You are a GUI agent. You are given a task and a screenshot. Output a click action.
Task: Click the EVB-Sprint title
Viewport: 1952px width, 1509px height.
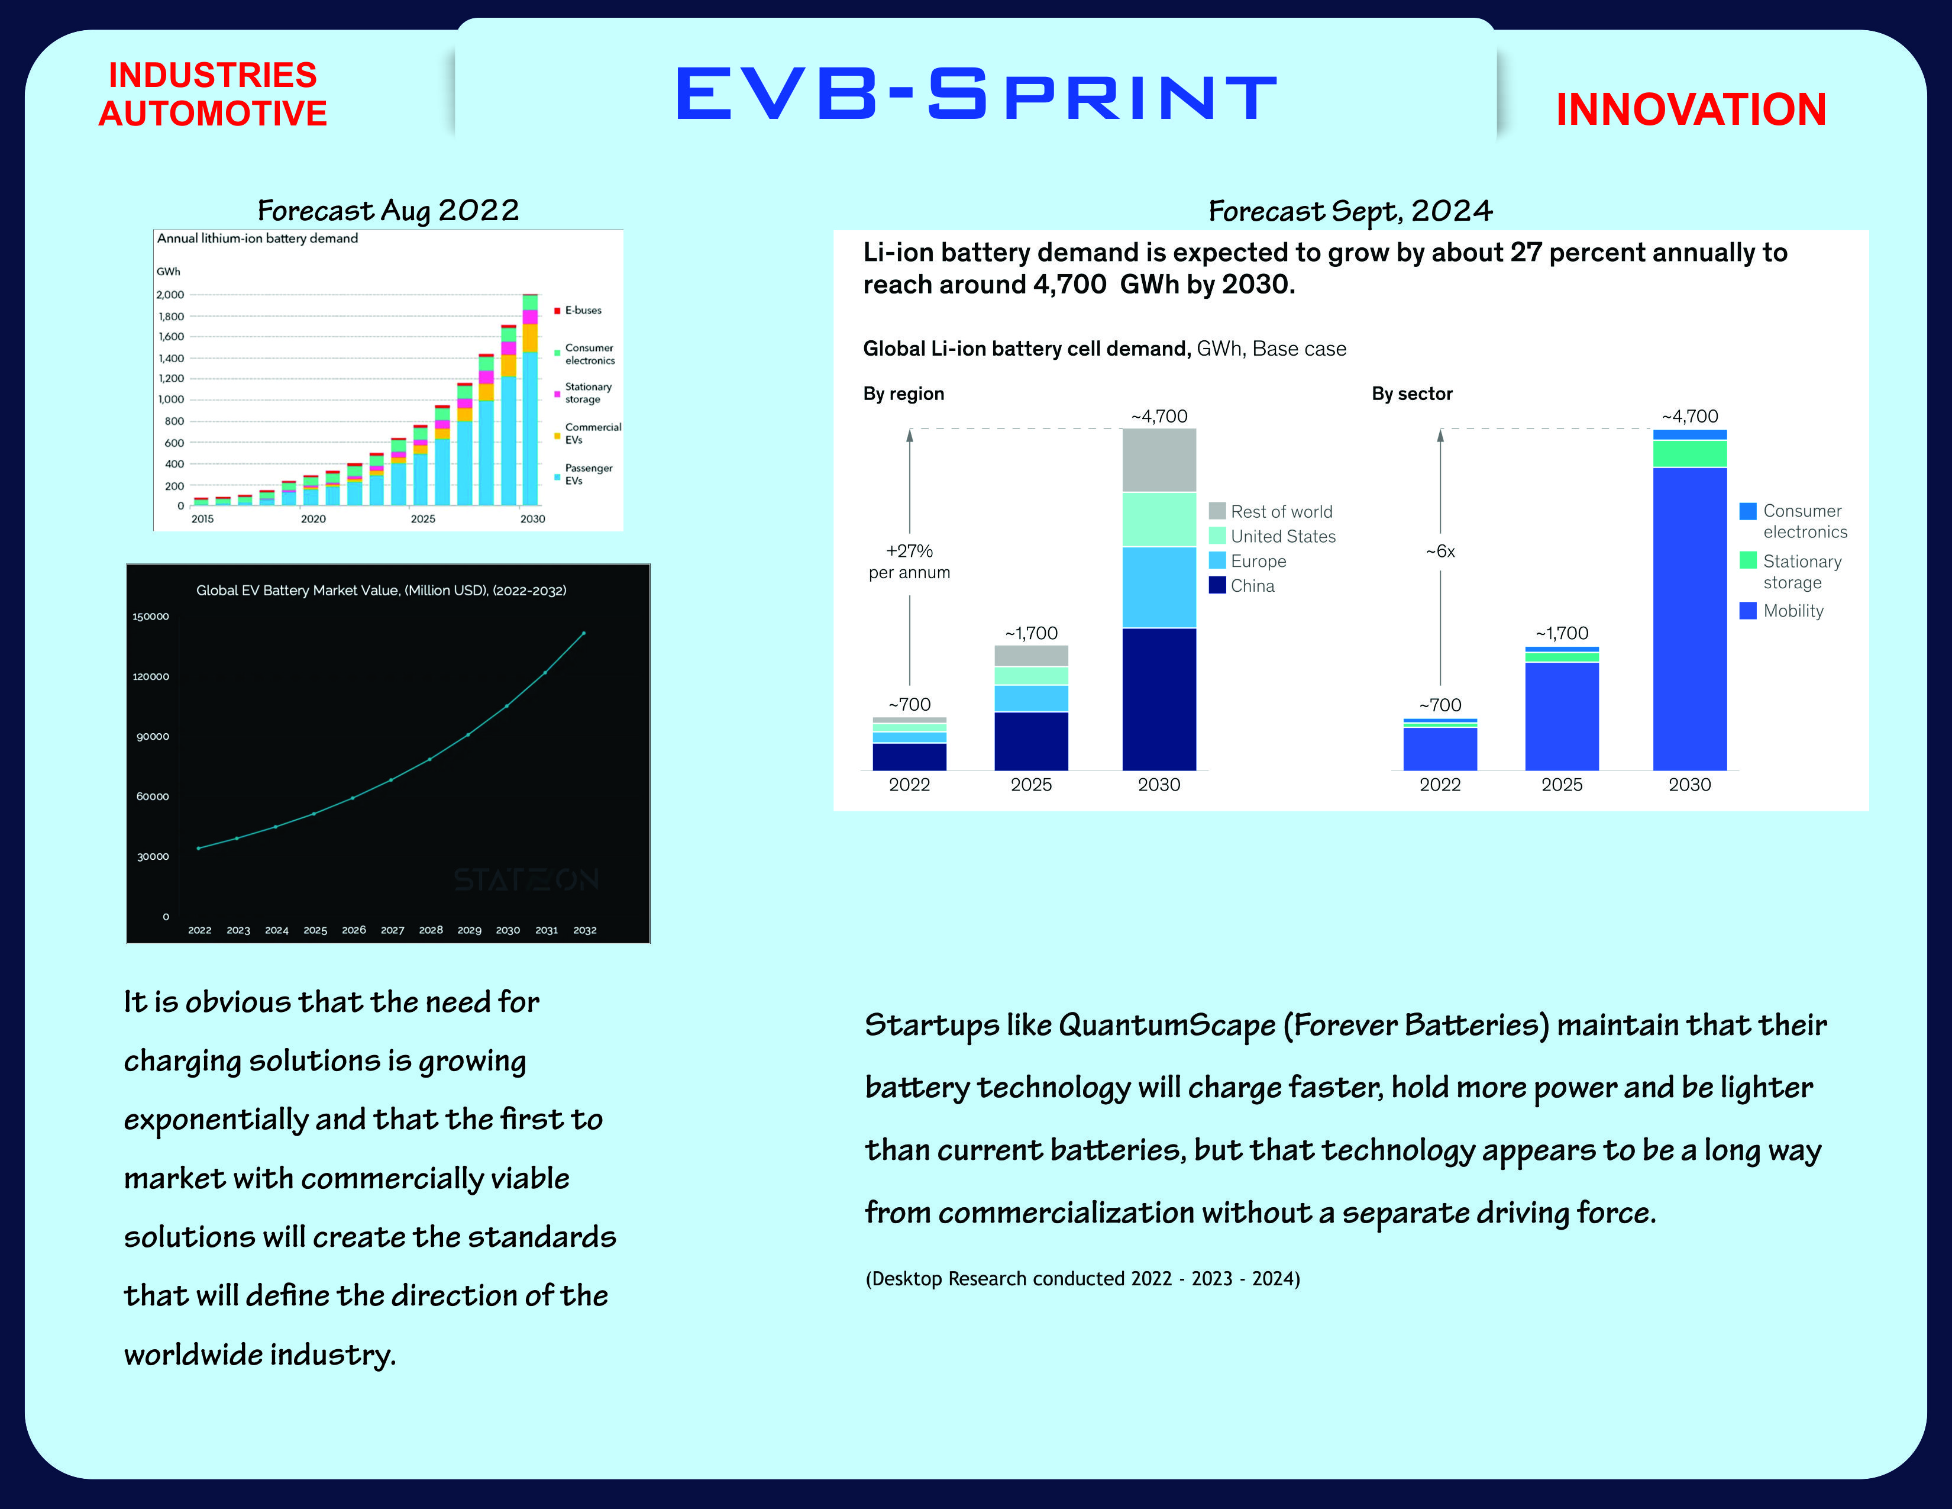click(976, 94)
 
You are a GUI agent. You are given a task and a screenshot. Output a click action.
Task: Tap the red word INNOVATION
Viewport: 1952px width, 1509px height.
click(1690, 110)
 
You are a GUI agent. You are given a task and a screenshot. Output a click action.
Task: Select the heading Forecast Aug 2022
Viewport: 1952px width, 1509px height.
click(388, 210)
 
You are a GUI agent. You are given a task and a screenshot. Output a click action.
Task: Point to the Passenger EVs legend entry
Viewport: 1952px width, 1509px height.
click(587, 474)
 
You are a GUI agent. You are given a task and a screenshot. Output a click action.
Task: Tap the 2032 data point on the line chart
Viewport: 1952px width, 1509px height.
click(584, 634)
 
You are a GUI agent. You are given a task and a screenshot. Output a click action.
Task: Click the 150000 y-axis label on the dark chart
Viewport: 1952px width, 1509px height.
click(150, 617)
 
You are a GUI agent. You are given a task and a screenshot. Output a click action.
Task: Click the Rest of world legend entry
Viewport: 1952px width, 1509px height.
click(1280, 511)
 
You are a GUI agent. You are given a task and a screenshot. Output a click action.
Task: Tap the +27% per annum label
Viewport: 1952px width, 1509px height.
click(909, 562)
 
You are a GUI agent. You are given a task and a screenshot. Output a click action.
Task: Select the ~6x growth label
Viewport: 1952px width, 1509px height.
click(1440, 552)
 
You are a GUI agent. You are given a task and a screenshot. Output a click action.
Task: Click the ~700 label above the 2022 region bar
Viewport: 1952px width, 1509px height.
click(909, 704)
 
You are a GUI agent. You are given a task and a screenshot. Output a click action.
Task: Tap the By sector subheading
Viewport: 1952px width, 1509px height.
click(1411, 394)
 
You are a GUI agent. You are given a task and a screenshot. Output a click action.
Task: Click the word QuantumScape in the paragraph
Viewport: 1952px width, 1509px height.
click(1166, 1026)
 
